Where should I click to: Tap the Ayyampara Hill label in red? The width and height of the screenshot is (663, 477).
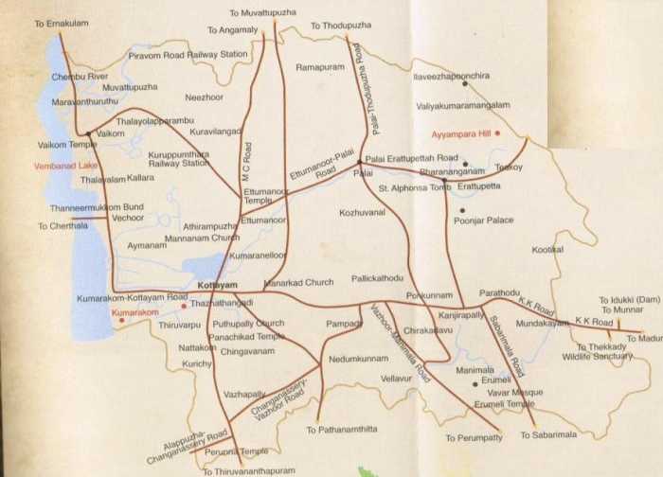462,133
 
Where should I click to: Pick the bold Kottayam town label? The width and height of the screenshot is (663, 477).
217,285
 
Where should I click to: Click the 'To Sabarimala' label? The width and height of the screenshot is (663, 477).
547,435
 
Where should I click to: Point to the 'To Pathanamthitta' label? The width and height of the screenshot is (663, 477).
341,430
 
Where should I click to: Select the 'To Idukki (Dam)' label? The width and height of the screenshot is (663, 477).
628,299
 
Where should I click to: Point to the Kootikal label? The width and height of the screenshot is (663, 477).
547,249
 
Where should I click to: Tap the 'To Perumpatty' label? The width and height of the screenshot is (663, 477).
474,438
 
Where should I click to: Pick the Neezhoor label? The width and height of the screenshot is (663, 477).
205,97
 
